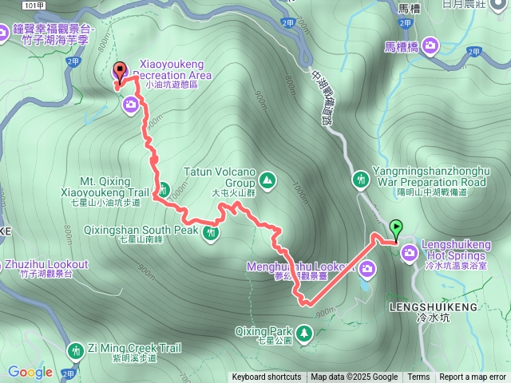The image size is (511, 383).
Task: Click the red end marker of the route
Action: pyautogui.click(x=120, y=70)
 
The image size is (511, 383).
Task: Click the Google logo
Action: pyautogui.click(x=30, y=372)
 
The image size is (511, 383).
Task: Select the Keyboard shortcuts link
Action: pyautogui.click(x=267, y=377)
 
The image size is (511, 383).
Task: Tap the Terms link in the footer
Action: pyautogui.click(x=418, y=377)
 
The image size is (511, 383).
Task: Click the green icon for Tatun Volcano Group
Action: pyautogui.click(x=266, y=178)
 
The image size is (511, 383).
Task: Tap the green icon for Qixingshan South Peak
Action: pyautogui.click(x=211, y=232)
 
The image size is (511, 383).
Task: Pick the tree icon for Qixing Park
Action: pyautogui.click(x=304, y=331)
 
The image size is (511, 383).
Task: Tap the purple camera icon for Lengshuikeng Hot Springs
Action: pyautogui.click(x=410, y=254)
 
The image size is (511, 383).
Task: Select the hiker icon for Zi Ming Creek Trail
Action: pyautogui.click(x=76, y=349)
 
